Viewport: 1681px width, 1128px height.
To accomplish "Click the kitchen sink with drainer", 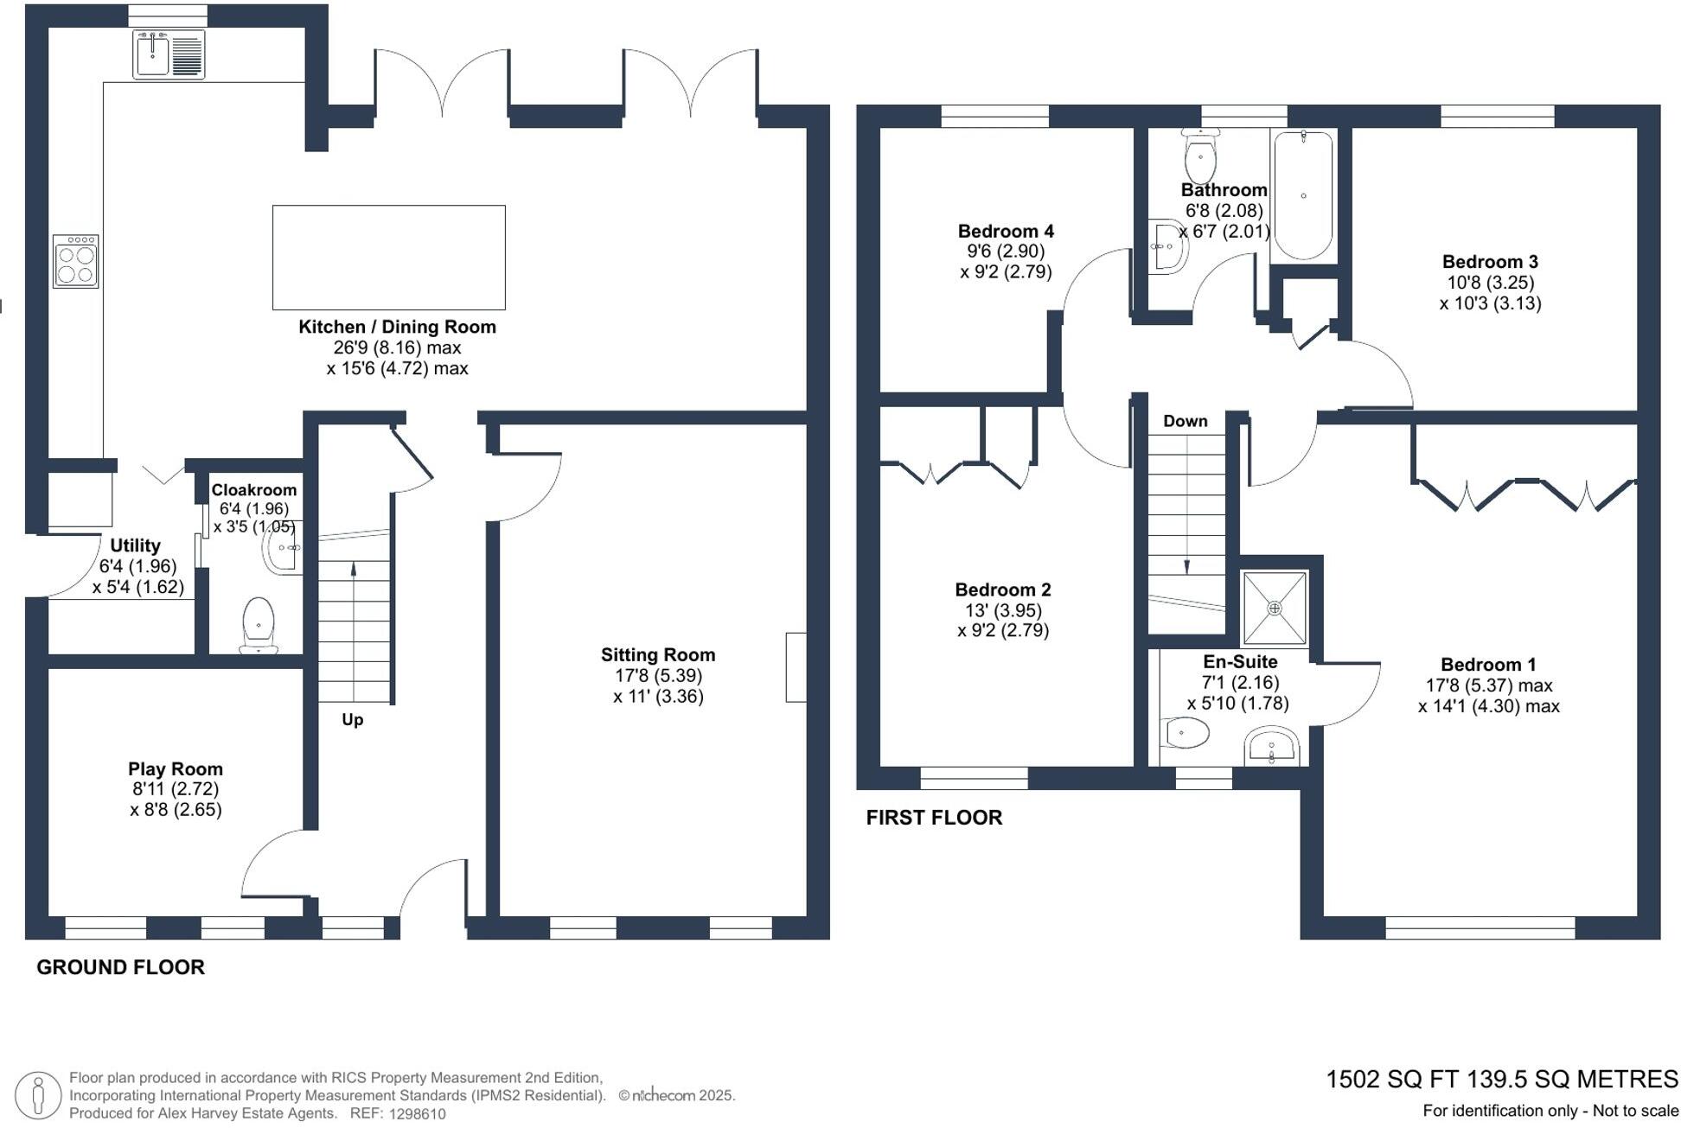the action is [x=169, y=54].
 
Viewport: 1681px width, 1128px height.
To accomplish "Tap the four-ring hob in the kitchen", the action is [x=75, y=261].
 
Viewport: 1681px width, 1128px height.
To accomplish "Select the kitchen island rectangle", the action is [x=389, y=258].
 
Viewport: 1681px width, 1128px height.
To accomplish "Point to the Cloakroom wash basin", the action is [x=283, y=548].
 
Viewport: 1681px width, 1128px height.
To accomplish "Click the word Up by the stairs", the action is [x=352, y=720].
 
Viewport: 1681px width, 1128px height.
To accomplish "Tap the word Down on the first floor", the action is [x=1185, y=421].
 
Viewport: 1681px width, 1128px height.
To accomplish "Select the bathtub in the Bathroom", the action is [x=1303, y=195].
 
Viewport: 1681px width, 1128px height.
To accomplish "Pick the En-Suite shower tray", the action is [x=1275, y=608].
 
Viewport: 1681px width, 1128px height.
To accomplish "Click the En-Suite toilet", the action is [x=1186, y=733].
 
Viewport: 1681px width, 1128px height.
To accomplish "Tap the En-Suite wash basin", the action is [x=1271, y=747].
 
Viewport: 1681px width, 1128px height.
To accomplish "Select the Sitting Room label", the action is [x=658, y=655].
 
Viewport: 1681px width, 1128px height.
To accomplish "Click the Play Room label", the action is [x=176, y=769].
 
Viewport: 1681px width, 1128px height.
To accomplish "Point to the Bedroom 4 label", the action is [x=1006, y=232].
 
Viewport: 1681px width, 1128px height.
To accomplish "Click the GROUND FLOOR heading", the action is [x=120, y=968].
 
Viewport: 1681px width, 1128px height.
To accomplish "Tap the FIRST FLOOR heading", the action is [x=934, y=818].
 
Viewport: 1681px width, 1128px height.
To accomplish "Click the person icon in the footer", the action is [x=38, y=1095].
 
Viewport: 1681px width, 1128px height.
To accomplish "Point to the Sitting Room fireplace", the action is [x=796, y=667].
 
